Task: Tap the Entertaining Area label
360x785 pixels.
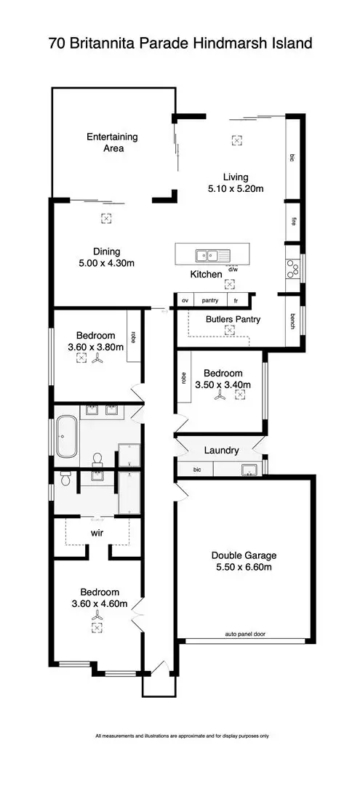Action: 112,142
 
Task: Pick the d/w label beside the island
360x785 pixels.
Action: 233,267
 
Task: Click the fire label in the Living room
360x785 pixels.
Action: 293,222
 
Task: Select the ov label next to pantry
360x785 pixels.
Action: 185,299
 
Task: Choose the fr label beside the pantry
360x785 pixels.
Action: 235,299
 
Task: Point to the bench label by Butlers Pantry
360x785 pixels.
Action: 293,321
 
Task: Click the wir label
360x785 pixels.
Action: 97,533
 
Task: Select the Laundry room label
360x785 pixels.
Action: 221,451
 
